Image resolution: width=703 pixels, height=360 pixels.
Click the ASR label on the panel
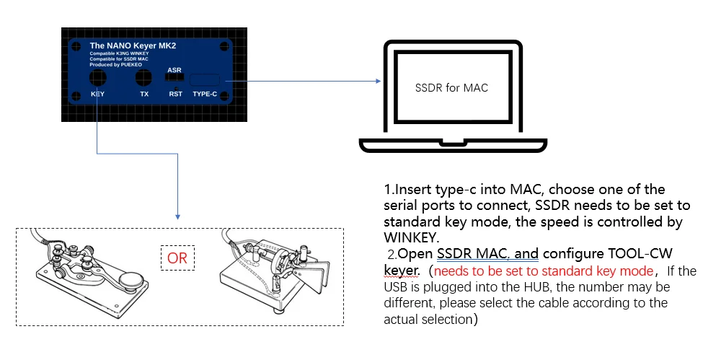click(174, 70)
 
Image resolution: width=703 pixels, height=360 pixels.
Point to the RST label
click(175, 94)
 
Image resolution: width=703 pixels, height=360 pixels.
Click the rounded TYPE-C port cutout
click(207, 80)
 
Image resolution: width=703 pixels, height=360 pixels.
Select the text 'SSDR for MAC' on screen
click(451, 88)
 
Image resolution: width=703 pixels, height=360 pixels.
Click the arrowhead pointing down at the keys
click(177, 215)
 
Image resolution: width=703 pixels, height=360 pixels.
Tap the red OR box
click(177, 258)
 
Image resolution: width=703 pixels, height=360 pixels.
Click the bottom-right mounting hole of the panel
click(225, 95)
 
